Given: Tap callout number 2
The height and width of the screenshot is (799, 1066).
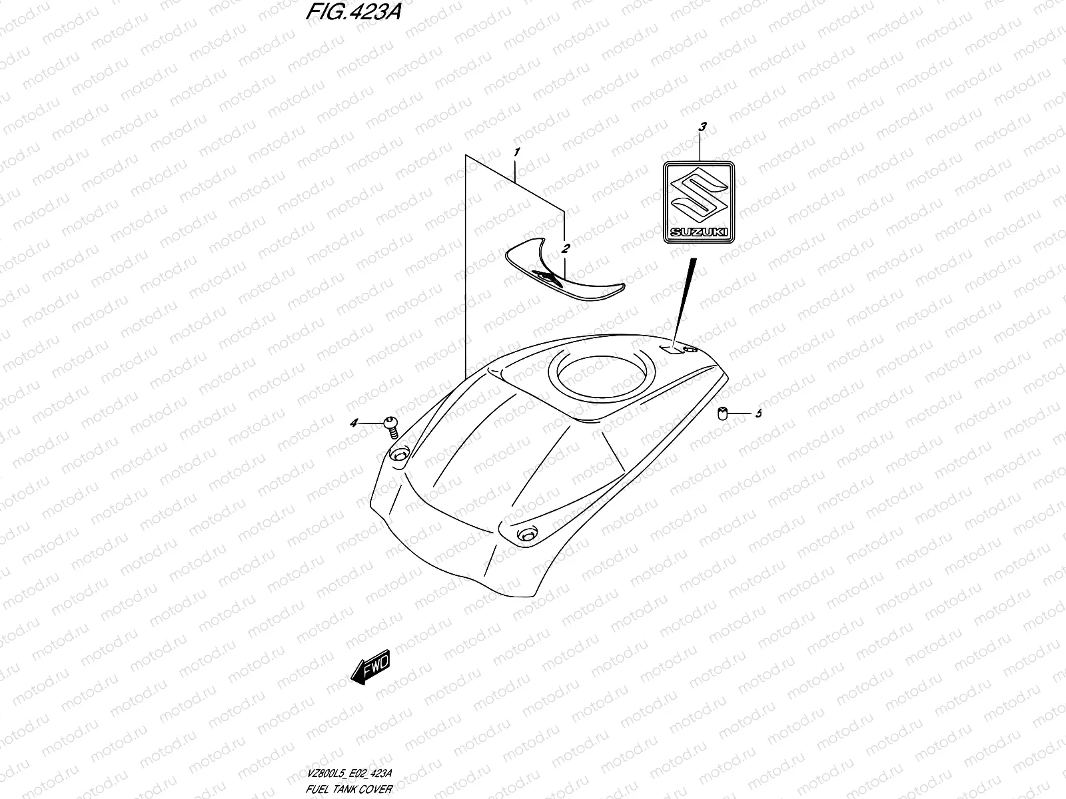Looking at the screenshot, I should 566,250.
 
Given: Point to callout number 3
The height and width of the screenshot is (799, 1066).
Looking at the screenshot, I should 700,126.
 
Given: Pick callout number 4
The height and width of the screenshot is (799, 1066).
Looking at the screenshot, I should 354,423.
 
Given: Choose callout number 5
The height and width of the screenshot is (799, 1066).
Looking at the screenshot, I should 758,414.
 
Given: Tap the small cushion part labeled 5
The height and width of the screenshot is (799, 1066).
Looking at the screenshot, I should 722,414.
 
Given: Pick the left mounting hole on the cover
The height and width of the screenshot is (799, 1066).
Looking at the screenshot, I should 399,454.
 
